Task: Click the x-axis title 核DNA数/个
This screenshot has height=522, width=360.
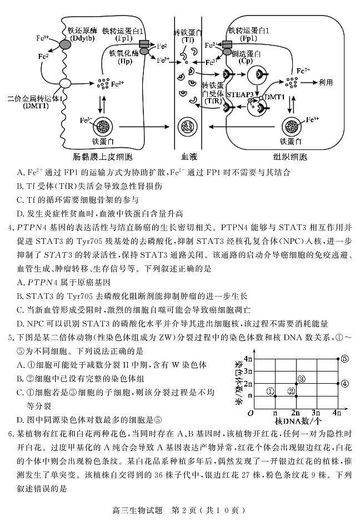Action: (x=298, y=421)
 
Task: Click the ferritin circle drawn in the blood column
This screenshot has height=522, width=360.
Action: (x=189, y=126)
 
